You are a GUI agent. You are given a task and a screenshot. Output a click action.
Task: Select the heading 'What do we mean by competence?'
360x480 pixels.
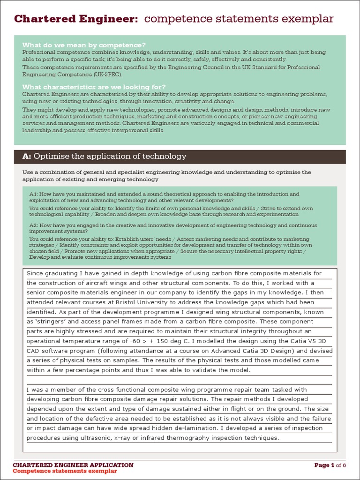pos(84,45)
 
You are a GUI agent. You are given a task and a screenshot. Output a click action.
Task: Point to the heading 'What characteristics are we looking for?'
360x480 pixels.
pos(94,87)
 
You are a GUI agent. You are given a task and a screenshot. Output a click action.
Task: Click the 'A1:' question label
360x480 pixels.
pos(34,194)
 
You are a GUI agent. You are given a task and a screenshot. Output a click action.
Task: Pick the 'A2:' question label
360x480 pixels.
pos(34,225)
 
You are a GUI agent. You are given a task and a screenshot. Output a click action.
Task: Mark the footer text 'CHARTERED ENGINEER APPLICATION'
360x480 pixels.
pos(73,465)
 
